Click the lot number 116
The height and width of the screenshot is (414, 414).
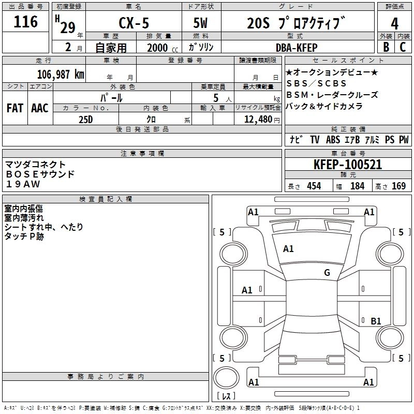(26, 22)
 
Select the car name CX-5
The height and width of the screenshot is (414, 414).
(135, 23)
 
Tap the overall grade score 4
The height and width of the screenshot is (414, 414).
(395, 23)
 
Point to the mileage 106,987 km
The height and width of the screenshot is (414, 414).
(61, 74)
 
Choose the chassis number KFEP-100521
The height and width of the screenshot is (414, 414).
(348, 165)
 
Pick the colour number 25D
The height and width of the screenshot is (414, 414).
(86, 119)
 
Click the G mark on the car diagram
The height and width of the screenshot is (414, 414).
(327, 273)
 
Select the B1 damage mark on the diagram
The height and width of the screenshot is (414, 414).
(376, 321)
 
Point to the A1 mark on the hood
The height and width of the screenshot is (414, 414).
(288, 249)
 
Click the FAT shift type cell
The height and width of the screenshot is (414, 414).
(15, 108)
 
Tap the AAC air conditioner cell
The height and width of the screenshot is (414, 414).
(40, 108)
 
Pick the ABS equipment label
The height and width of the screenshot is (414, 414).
(333, 140)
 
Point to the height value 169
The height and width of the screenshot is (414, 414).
(398, 186)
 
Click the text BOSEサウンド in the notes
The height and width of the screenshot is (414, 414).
(40, 174)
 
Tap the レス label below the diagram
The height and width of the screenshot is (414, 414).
(226, 396)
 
